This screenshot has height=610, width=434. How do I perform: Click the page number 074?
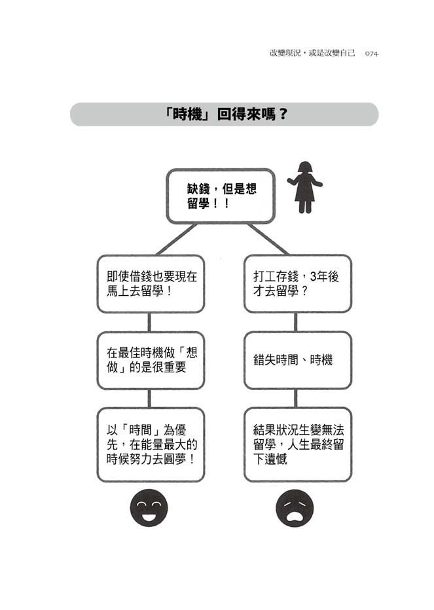point(371,54)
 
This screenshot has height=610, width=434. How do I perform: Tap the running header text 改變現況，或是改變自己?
point(312,53)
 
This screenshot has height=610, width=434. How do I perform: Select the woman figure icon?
point(305,187)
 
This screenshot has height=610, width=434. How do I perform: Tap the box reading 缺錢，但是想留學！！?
point(221,196)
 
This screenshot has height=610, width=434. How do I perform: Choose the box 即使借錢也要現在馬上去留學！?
point(151,283)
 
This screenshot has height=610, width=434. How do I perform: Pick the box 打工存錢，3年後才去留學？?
point(298,283)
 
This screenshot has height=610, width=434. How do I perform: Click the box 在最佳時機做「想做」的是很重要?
point(151,360)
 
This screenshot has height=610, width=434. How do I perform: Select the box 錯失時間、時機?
point(298,360)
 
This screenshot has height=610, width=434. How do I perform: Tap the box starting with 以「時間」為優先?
point(151,444)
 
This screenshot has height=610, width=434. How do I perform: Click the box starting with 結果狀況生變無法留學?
point(298,444)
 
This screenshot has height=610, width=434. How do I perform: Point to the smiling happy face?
point(149,508)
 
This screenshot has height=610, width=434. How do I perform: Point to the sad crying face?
point(295,508)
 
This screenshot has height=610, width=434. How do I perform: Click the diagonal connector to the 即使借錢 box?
point(176,240)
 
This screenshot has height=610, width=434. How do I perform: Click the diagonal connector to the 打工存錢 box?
point(268,240)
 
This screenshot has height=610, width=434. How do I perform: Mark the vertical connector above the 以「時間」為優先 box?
point(149,399)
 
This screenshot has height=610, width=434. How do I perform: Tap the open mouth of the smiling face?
point(149,516)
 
